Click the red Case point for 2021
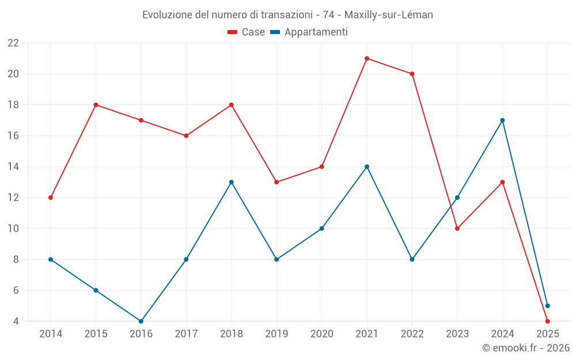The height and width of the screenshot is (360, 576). point(367,58)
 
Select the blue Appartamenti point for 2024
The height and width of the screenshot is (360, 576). point(502,120)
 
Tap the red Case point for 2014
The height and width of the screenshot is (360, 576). point(51,198)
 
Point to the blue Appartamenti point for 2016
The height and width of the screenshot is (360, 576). point(141,321)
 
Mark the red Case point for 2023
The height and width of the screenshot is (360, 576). point(457,229)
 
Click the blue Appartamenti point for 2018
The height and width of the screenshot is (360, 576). point(232,182)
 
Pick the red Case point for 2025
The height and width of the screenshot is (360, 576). point(548,321)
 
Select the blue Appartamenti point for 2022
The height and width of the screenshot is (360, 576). point(412,259)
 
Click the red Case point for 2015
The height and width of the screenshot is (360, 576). point(96,105)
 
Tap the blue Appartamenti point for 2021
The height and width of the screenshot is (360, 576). point(367,166)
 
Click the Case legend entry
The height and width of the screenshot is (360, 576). point(247,32)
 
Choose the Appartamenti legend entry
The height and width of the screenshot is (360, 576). point(309,32)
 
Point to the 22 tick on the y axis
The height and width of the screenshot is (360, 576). point(13,43)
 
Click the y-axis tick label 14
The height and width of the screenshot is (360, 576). point(13,167)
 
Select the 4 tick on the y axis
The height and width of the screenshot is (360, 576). point(16,321)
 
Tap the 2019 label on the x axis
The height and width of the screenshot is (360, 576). point(276,334)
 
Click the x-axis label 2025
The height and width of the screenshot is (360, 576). point(548,334)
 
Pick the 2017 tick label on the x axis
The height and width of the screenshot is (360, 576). point(186,334)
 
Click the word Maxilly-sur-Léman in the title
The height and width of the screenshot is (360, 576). point(389,15)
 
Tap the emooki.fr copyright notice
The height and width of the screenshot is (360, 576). point(526,348)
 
